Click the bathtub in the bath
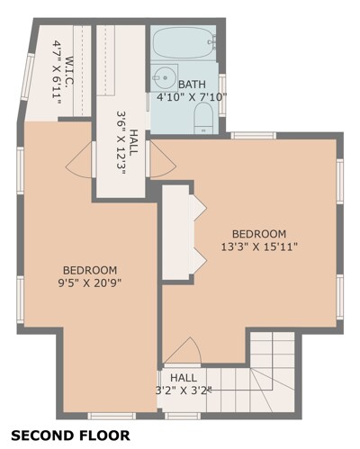pos(184,43)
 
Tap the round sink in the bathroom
pos(165,77)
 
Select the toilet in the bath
pos(203,119)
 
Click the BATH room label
pos(192,85)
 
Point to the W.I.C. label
pos(69,71)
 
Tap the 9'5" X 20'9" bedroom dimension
pos(90,283)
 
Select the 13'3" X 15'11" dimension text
pos(259,247)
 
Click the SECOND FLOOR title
pos(71,436)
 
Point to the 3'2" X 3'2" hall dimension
pos(184,391)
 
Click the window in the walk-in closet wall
pos(28,76)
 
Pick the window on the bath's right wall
pos(222,95)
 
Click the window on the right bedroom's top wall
pos(254,136)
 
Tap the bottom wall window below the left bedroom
pos(112,416)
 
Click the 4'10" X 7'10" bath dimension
pos(192,97)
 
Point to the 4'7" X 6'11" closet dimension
pos(57,72)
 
